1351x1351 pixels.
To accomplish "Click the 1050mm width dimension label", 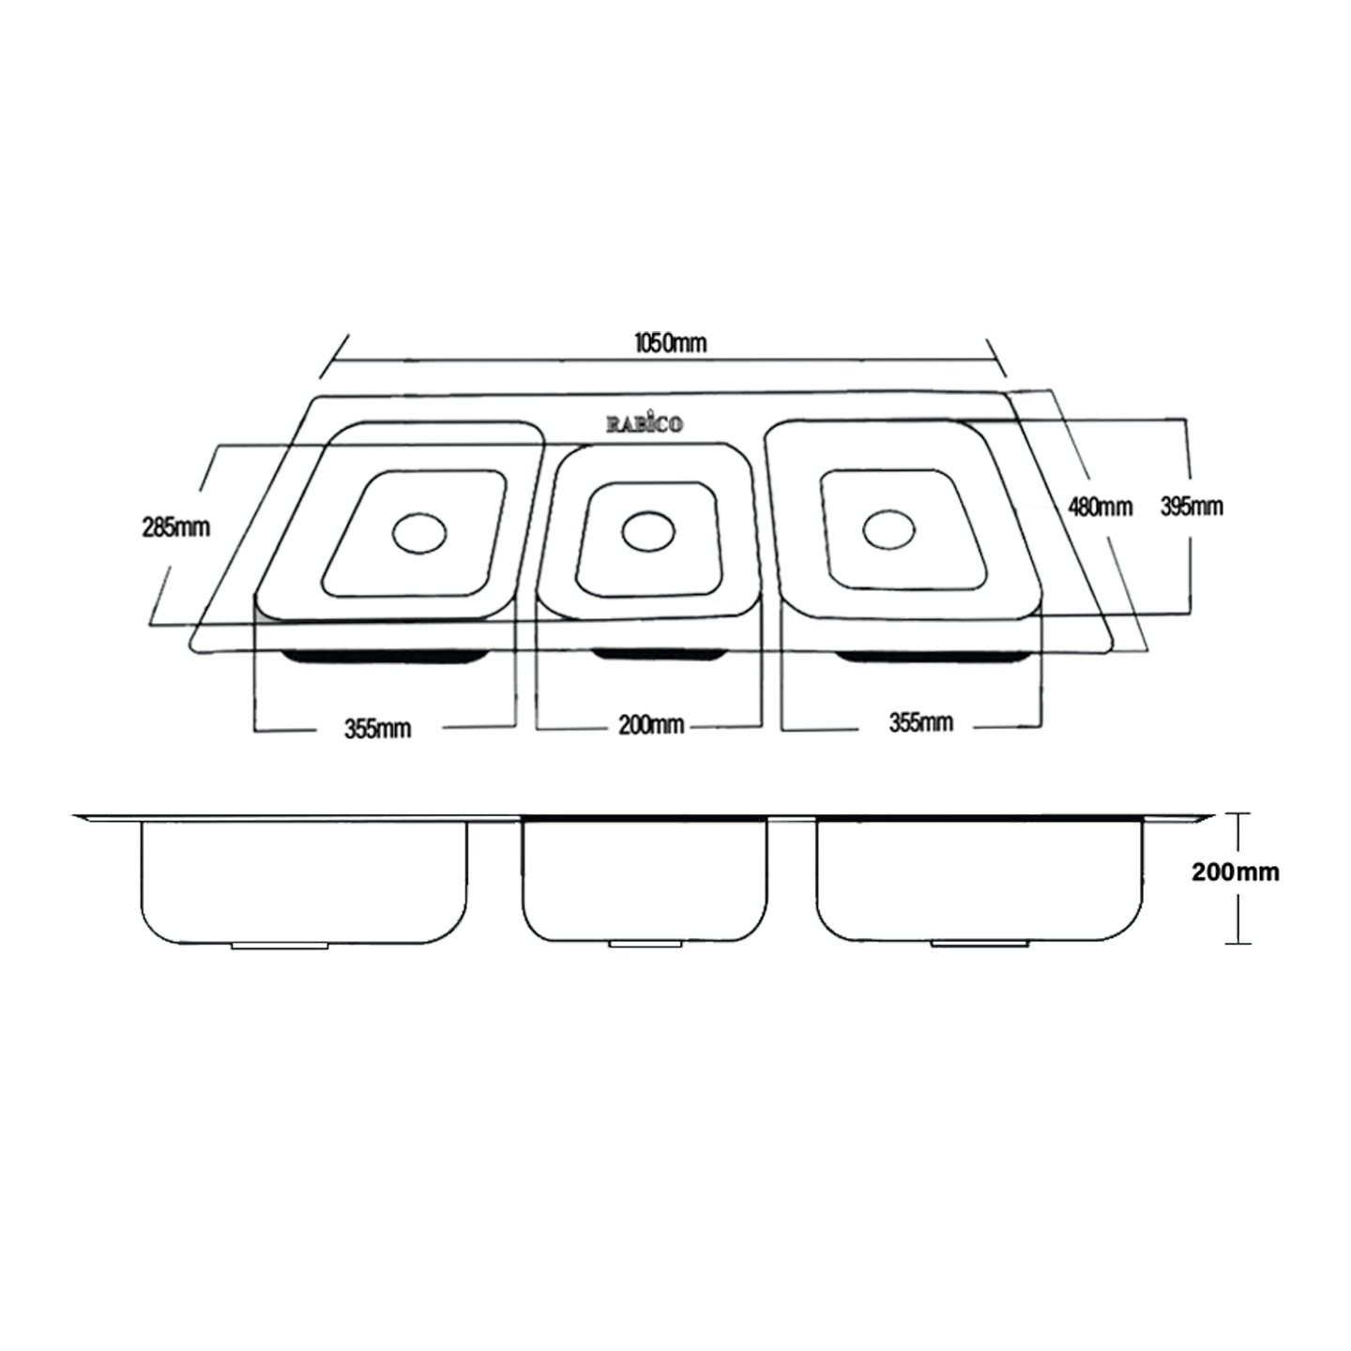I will coord(670,343).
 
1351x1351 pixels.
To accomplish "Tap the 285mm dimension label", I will coord(176,528).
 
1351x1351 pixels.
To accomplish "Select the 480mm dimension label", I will coord(1101,508).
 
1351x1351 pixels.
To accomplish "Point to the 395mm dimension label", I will coord(1192,507).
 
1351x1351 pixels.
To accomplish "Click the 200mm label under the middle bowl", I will coord(651,724).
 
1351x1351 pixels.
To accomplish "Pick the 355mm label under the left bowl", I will coord(377,728).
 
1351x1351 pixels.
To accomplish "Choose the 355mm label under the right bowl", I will coord(920,722).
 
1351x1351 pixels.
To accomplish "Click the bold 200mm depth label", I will coord(1235,873).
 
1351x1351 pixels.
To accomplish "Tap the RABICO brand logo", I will coord(645,424).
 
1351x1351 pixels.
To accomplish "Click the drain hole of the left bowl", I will coord(419,533).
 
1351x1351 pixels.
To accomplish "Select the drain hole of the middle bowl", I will coord(648,532).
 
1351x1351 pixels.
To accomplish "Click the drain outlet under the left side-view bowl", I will coord(280,946).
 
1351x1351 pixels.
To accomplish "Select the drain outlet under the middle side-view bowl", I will coord(645,943).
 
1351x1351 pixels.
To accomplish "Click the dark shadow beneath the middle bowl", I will coord(660,654).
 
